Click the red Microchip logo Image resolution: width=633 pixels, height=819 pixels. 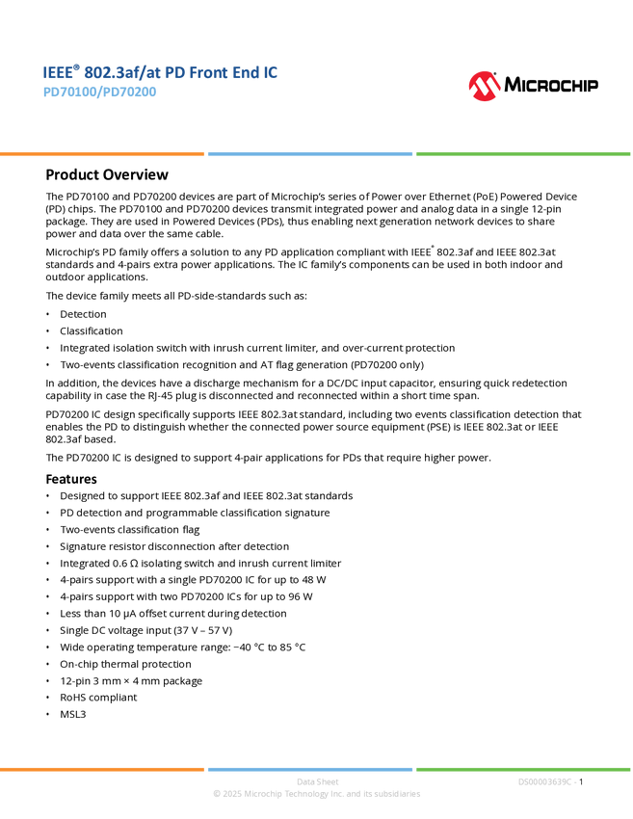pos(485,87)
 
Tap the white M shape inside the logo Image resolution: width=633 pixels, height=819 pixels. pos(485,89)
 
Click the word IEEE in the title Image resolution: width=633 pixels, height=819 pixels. pos(55,73)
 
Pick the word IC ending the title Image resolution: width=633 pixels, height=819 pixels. pos(271,73)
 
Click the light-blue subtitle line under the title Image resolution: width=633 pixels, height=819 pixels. pos(99,93)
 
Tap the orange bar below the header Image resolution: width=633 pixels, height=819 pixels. pos(102,154)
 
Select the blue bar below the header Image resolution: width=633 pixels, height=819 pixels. pos(310,154)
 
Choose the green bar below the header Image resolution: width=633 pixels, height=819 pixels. pos(523,154)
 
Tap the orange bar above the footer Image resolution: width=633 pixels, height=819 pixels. pos(102,769)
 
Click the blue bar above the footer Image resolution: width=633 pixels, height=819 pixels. pos(310,769)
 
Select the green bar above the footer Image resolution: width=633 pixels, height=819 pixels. pos(523,769)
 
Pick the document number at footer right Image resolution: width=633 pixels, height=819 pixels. pos(546,781)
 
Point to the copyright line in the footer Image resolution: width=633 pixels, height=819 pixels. pos(317,795)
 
